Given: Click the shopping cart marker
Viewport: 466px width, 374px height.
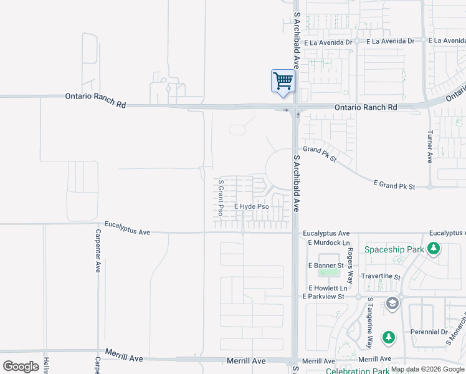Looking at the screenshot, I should pyautogui.click(x=283, y=82).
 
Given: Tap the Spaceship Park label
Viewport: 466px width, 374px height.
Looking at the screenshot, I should pyautogui.click(x=394, y=250).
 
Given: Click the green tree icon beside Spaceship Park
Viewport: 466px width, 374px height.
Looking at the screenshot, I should pyautogui.click(x=434, y=250).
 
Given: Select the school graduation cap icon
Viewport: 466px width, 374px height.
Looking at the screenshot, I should pyautogui.click(x=392, y=304).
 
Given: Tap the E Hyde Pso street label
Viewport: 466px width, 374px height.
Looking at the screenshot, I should pyautogui.click(x=252, y=206).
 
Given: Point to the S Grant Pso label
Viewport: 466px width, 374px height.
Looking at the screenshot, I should pyautogui.click(x=221, y=198).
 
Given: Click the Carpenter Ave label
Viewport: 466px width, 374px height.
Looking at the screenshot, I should pyautogui.click(x=98, y=251).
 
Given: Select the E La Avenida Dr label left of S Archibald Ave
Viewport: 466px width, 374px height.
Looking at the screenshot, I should pyautogui.click(x=329, y=42).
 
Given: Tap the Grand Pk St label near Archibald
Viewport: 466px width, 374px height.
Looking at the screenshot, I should pyautogui.click(x=320, y=153).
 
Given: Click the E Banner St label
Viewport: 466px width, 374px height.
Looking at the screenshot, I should pyautogui.click(x=326, y=266).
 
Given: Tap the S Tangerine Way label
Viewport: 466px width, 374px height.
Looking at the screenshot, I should pyautogui.click(x=370, y=322).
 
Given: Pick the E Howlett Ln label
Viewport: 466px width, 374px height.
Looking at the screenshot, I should pyautogui.click(x=328, y=288).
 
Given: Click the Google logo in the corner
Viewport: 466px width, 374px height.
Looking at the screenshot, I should pyautogui.click(x=21, y=367).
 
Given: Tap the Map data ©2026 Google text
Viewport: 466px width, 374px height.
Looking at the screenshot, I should pyautogui.click(x=427, y=370).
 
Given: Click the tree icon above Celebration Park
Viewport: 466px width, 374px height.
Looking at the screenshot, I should pyautogui.click(x=389, y=338).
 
